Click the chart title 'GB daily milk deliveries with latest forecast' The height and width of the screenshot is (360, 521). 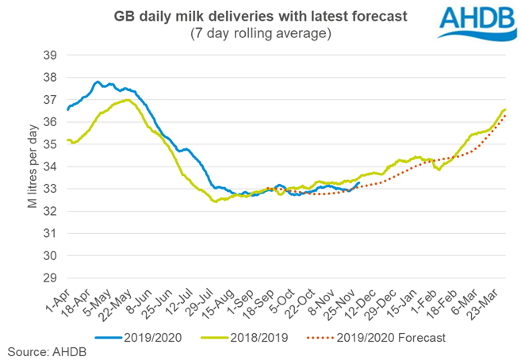click(260, 15)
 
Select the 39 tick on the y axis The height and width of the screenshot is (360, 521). click(48, 55)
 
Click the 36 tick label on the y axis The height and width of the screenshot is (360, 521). click(48, 121)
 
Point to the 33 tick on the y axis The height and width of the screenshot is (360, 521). click(48, 189)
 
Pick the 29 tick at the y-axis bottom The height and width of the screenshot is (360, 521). click(48, 278)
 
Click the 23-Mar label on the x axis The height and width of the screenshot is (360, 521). click(491, 302)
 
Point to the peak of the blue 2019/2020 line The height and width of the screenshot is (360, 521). click(98, 82)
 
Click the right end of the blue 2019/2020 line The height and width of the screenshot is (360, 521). click(359, 183)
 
